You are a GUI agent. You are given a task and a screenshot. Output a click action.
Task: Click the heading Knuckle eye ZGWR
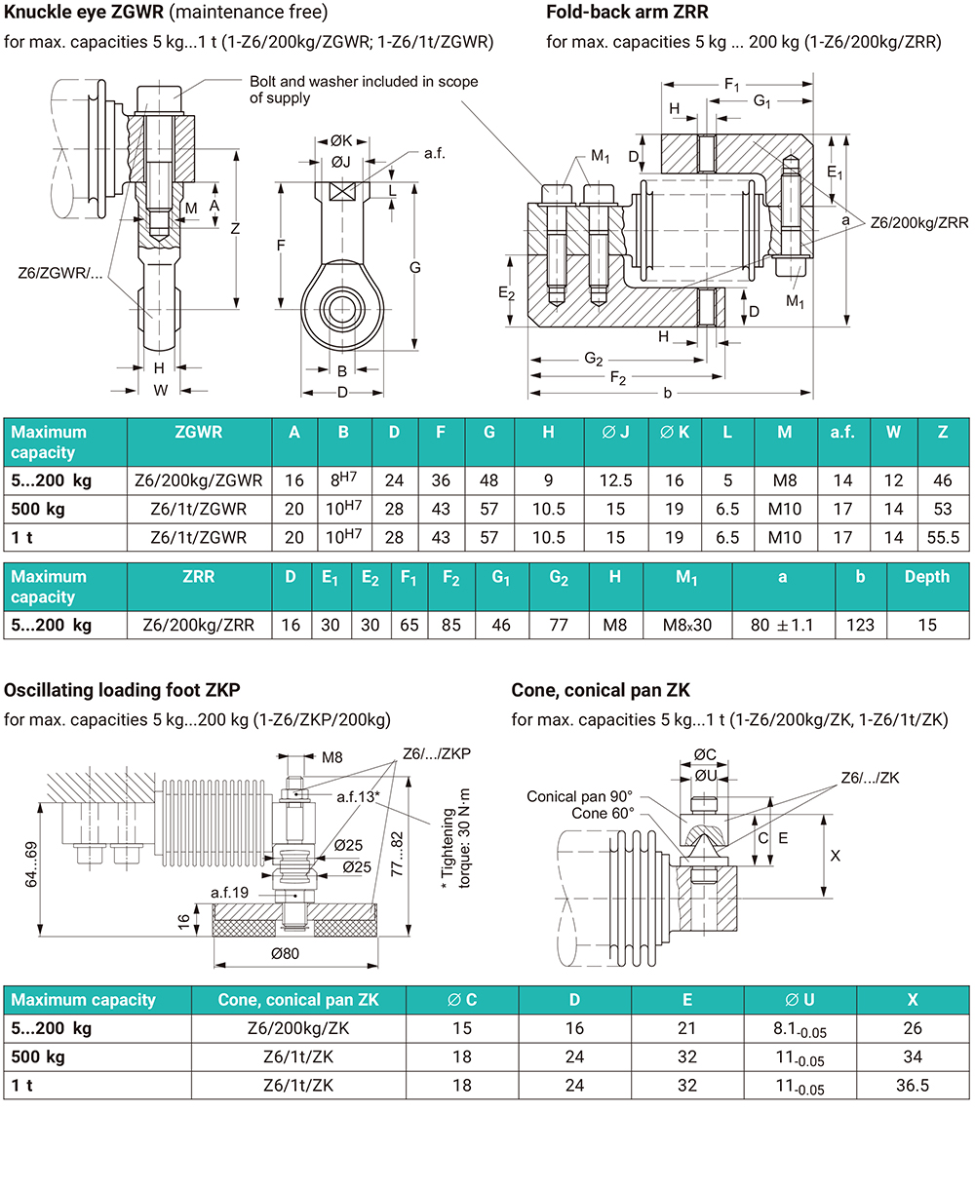pyautogui.click(x=84, y=14)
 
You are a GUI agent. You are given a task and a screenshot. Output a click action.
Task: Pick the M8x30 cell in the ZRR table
pyautogui.click(x=687, y=625)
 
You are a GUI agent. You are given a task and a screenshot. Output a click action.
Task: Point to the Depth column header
pyautogui.click(x=926, y=576)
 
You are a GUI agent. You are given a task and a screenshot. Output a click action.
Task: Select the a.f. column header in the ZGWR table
pyautogui.click(x=842, y=432)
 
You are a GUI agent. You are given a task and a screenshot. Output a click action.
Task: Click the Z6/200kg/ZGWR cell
pyautogui.click(x=199, y=480)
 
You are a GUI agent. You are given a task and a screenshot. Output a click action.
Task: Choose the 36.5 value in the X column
pyautogui.click(x=913, y=1085)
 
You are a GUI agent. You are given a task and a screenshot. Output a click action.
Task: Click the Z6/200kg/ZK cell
pyautogui.click(x=298, y=1028)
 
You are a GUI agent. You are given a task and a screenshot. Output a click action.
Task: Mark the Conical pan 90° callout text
pyautogui.click(x=579, y=796)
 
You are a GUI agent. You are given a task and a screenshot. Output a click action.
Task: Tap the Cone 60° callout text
pyautogui.click(x=603, y=813)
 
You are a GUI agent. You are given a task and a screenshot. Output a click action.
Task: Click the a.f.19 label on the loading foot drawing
pyautogui.click(x=230, y=892)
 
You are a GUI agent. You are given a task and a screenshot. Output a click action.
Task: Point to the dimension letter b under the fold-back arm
pyautogui.click(x=667, y=393)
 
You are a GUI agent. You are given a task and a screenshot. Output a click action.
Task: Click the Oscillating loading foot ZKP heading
pyautogui.click(x=122, y=691)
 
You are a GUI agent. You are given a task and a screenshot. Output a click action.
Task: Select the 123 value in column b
pyautogui.click(x=861, y=625)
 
